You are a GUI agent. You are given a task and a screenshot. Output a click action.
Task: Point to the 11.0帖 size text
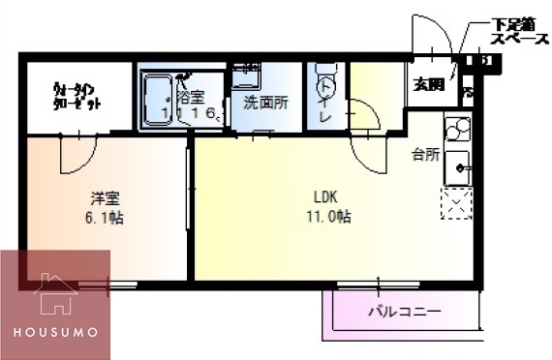point(326,217)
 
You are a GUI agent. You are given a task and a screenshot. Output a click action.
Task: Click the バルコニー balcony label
point(404,312)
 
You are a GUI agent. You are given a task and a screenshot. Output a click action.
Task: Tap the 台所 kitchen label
point(425,154)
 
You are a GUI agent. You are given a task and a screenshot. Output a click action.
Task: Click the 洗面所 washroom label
point(264,101)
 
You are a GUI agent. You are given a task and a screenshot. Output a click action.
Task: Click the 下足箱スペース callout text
point(519,31)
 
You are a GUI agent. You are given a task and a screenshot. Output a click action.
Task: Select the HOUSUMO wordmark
point(55,332)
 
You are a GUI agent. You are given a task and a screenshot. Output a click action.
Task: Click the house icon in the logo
point(55,295)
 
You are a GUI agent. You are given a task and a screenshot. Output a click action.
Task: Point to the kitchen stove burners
point(456,128)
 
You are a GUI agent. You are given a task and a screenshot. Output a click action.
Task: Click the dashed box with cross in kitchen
point(455,204)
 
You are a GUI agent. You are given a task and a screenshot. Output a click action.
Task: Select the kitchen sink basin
point(456,165)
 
